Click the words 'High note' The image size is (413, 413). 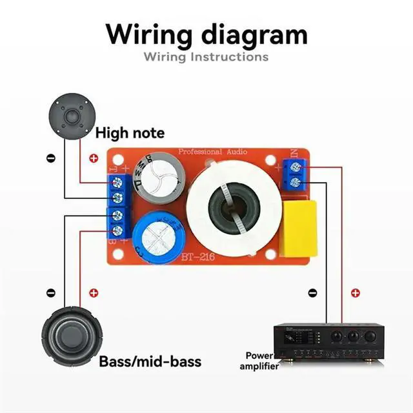click(x=130, y=134)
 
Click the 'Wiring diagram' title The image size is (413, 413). click(x=206, y=34)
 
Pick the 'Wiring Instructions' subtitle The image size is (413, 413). click(x=206, y=57)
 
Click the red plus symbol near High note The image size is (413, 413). click(x=94, y=158)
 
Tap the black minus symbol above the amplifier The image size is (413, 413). click(x=313, y=293)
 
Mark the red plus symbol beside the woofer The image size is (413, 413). click(x=94, y=293)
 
